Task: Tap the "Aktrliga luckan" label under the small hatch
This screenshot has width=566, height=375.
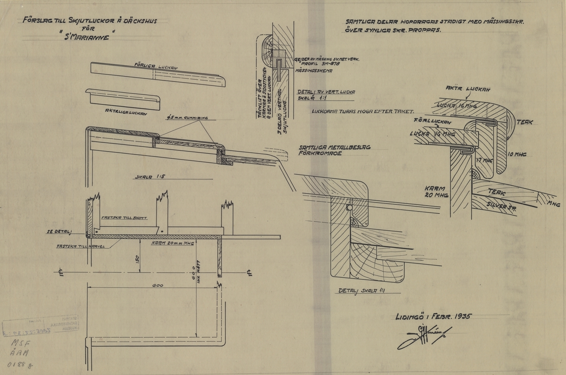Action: coord(125,113)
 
